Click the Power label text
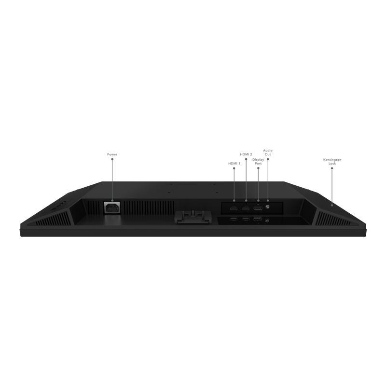coord(112,154)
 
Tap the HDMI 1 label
coord(234,163)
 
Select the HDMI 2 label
coord(246,154)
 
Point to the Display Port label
coord(258,161)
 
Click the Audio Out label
coord(268,152)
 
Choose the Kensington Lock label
coord(332,162)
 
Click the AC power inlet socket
coord(112,208)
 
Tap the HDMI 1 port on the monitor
coord(234,208)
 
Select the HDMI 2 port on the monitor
coord(246,208)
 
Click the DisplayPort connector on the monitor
coord(258,208)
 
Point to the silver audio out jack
coord(268,207)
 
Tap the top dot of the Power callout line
coord(112,159)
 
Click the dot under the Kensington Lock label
coord(332,168)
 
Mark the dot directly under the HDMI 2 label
coord(246,159)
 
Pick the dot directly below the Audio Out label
coord(268,159)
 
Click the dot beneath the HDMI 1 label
coord(234,168)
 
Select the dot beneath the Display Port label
coord(258,168)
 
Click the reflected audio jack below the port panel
coord(267,221)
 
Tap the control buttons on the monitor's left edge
coord(58,205)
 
